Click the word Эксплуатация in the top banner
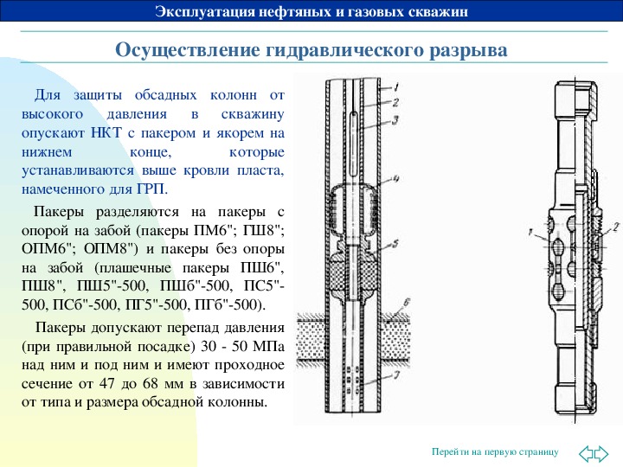[205, 11]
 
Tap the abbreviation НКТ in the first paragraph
[106, 132]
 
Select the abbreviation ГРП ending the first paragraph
[151, 189]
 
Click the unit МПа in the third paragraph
[268, 346]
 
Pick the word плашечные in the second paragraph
[135, 268]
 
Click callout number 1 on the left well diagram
[396, 86]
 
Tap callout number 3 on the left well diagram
[395, 120]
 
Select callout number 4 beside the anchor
[395, 178]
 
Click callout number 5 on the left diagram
[395, 243]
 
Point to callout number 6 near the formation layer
[406, 303]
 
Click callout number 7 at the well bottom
[396, 374]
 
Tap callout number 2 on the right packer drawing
[616, 227]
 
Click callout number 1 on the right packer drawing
[530, 232]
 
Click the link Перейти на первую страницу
[495, 451]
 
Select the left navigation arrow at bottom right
[586, 453]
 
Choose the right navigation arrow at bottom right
[601, 453]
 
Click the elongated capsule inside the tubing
[354, 144]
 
